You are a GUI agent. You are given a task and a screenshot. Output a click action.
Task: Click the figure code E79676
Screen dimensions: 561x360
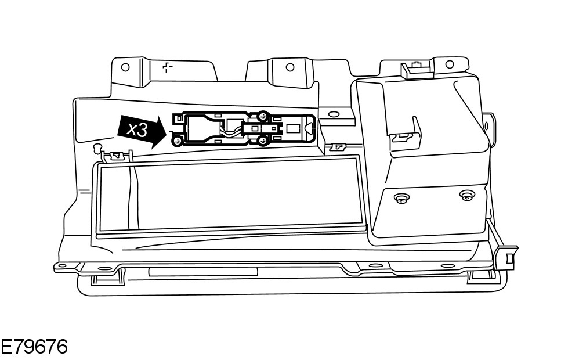tap(34, 347)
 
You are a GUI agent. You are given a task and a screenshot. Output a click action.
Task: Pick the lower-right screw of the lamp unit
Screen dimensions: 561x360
tap(263, 139)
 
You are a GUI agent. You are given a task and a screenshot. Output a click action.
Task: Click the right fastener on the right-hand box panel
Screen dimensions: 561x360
tap(465, 196)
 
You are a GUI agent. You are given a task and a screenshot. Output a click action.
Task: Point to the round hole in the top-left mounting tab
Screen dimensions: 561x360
tap(125, 67)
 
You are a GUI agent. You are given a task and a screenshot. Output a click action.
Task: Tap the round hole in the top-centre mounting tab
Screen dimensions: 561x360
tap(289, 67)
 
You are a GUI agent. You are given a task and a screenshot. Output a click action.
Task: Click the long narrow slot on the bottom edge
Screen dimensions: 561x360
tap(202, 272)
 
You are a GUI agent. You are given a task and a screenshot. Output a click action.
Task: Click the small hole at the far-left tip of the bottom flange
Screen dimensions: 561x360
tap(59, 267)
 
